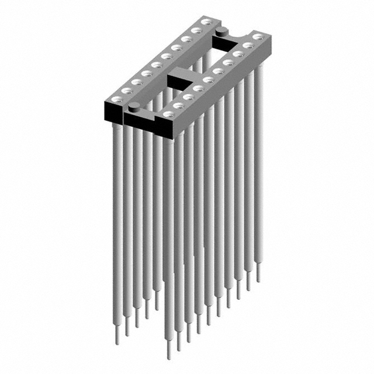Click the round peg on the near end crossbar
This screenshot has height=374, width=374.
click(134, 106)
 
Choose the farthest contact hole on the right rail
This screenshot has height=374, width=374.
click(257, 37)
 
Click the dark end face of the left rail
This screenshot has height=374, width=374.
click(115, 109)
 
